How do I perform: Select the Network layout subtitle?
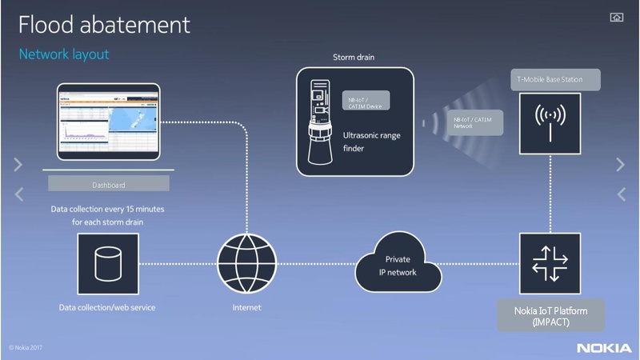click(64, 54)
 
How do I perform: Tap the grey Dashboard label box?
click(109, 185)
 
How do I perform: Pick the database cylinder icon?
click(108, 262)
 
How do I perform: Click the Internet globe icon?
click(246, 262)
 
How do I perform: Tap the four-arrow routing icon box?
click(549, 262)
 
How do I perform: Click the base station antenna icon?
click(549, 123)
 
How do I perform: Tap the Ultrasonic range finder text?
click(371, 141)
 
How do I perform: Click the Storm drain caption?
click(354, 58)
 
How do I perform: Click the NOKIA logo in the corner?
click(604, 348)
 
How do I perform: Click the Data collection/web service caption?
click(107, 307)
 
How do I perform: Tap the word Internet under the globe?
click(246, 307)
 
